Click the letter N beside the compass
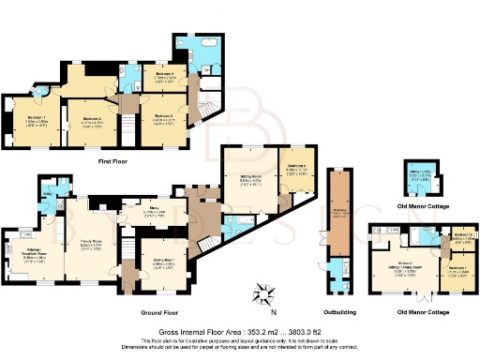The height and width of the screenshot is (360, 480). click(x=274, y=312)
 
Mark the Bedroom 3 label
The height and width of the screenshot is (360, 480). click(x=167, y=117)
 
